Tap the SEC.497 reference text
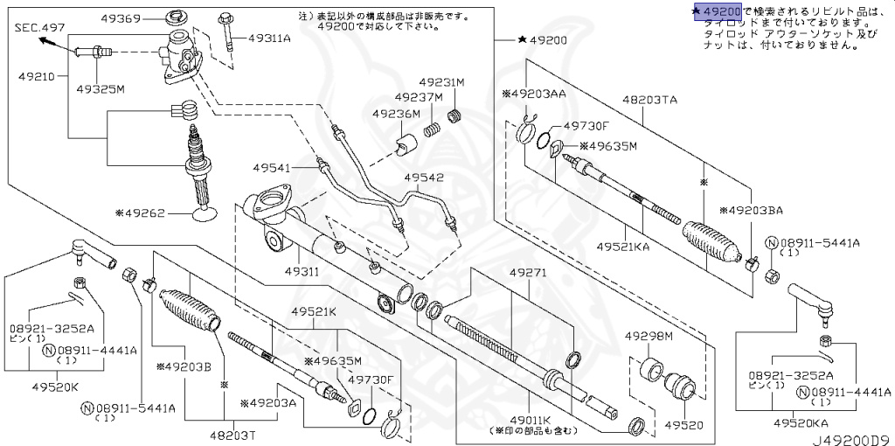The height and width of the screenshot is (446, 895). [x=40, y=28]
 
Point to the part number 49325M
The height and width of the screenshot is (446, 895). [x=100, y=89]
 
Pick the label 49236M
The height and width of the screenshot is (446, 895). [x=396, y=114]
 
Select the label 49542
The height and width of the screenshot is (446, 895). [x=424, y=178]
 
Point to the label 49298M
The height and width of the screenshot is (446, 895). [x=649, y=336]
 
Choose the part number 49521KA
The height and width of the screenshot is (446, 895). [x=623, y=247]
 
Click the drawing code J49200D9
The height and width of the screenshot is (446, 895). [x=854, y=437]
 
